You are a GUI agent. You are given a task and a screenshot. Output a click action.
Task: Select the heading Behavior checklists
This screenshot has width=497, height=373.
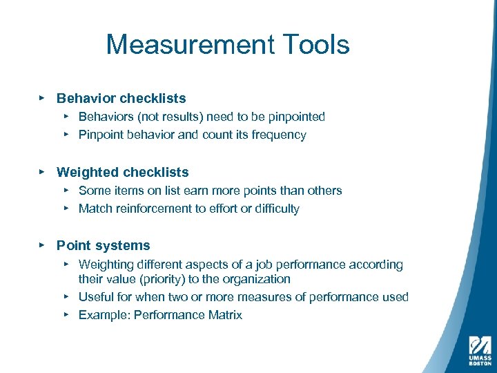pos(121,99)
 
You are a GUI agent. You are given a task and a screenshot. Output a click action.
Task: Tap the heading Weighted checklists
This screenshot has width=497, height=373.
pos(122,172)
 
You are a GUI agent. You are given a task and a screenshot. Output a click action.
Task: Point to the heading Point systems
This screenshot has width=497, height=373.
pos(103,245)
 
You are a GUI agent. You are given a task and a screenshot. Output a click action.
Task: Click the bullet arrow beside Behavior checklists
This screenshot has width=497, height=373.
pos(41,98)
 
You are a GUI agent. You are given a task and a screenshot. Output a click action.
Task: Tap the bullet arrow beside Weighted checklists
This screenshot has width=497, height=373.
pos(41,171)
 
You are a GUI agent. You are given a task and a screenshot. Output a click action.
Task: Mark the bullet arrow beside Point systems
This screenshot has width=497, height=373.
pos(41,245)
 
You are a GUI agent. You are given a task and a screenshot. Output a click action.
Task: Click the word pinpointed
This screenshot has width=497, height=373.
pos(295,117)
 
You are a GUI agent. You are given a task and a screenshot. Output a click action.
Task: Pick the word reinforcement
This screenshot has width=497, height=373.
pos(153,209)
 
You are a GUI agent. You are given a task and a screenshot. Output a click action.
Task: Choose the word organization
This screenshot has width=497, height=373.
pos(255,279)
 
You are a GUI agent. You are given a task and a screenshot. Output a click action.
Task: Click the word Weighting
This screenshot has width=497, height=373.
pos(106,265)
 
